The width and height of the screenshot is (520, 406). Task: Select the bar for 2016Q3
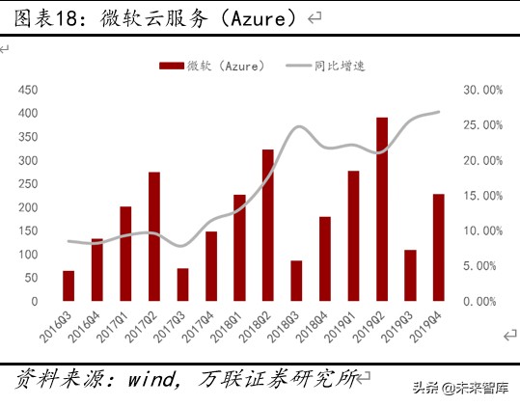[68, 285]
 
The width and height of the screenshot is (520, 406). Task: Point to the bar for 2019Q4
[439, 248]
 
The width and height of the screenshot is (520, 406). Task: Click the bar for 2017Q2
[154, 236]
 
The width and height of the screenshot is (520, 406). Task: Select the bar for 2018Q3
[296, 281]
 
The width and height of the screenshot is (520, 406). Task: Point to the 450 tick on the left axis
[28, 90]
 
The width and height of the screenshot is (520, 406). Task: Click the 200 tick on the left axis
[28, 207]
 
